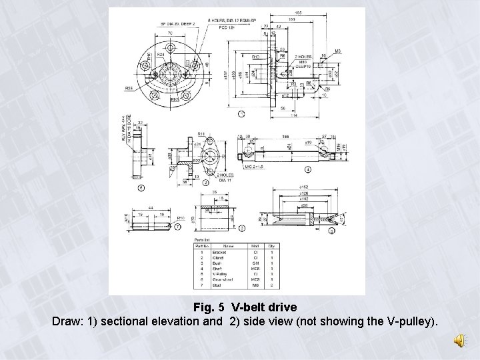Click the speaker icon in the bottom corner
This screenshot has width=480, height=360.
pos(460,341)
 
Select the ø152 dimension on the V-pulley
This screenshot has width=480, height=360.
pos(304,187)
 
